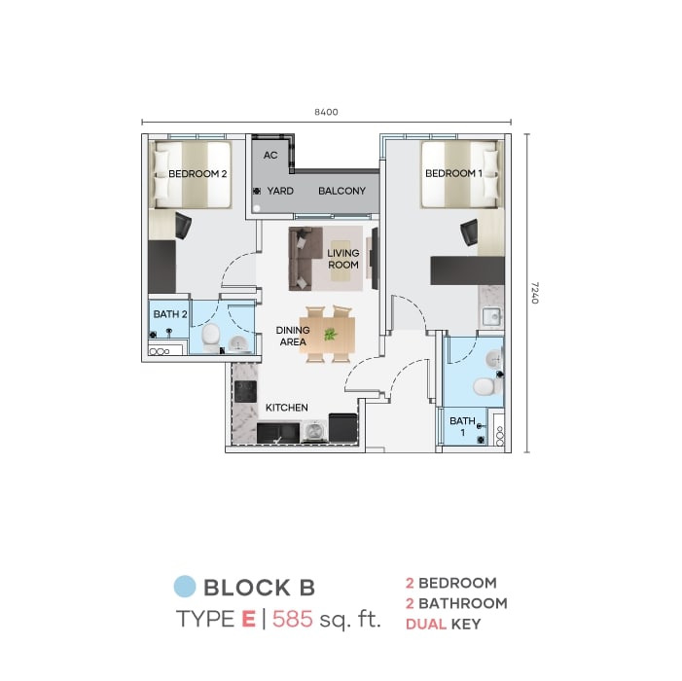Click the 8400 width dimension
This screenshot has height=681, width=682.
coord(326,112)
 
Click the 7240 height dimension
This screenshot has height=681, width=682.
coord(535,293)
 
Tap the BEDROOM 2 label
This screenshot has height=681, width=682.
coord(197,174)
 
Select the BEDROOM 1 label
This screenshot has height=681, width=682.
coord(453,173)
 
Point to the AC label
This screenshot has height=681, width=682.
coord(270,156)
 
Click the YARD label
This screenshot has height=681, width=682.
coord(280,191)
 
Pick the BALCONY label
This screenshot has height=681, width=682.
coord(341,191)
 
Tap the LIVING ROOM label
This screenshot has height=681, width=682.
coord(343,259)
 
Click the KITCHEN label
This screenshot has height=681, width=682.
coord(287,408)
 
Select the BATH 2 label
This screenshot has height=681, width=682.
coord(170,314)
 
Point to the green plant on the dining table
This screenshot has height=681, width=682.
coord(330,334)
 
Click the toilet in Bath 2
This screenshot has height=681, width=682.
coord(211,337)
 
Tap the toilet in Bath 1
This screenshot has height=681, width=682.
coord(485,385)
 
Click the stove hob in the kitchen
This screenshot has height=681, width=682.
coord(245,391)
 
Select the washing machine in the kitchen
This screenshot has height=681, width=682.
coord(315,431)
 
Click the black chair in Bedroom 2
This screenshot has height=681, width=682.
coord(183,226)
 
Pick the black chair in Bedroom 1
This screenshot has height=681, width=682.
coord(469,233)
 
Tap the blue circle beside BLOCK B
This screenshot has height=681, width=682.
coord(185,587)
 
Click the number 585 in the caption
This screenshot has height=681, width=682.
coord(293,619)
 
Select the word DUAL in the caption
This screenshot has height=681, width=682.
coord(426,625)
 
